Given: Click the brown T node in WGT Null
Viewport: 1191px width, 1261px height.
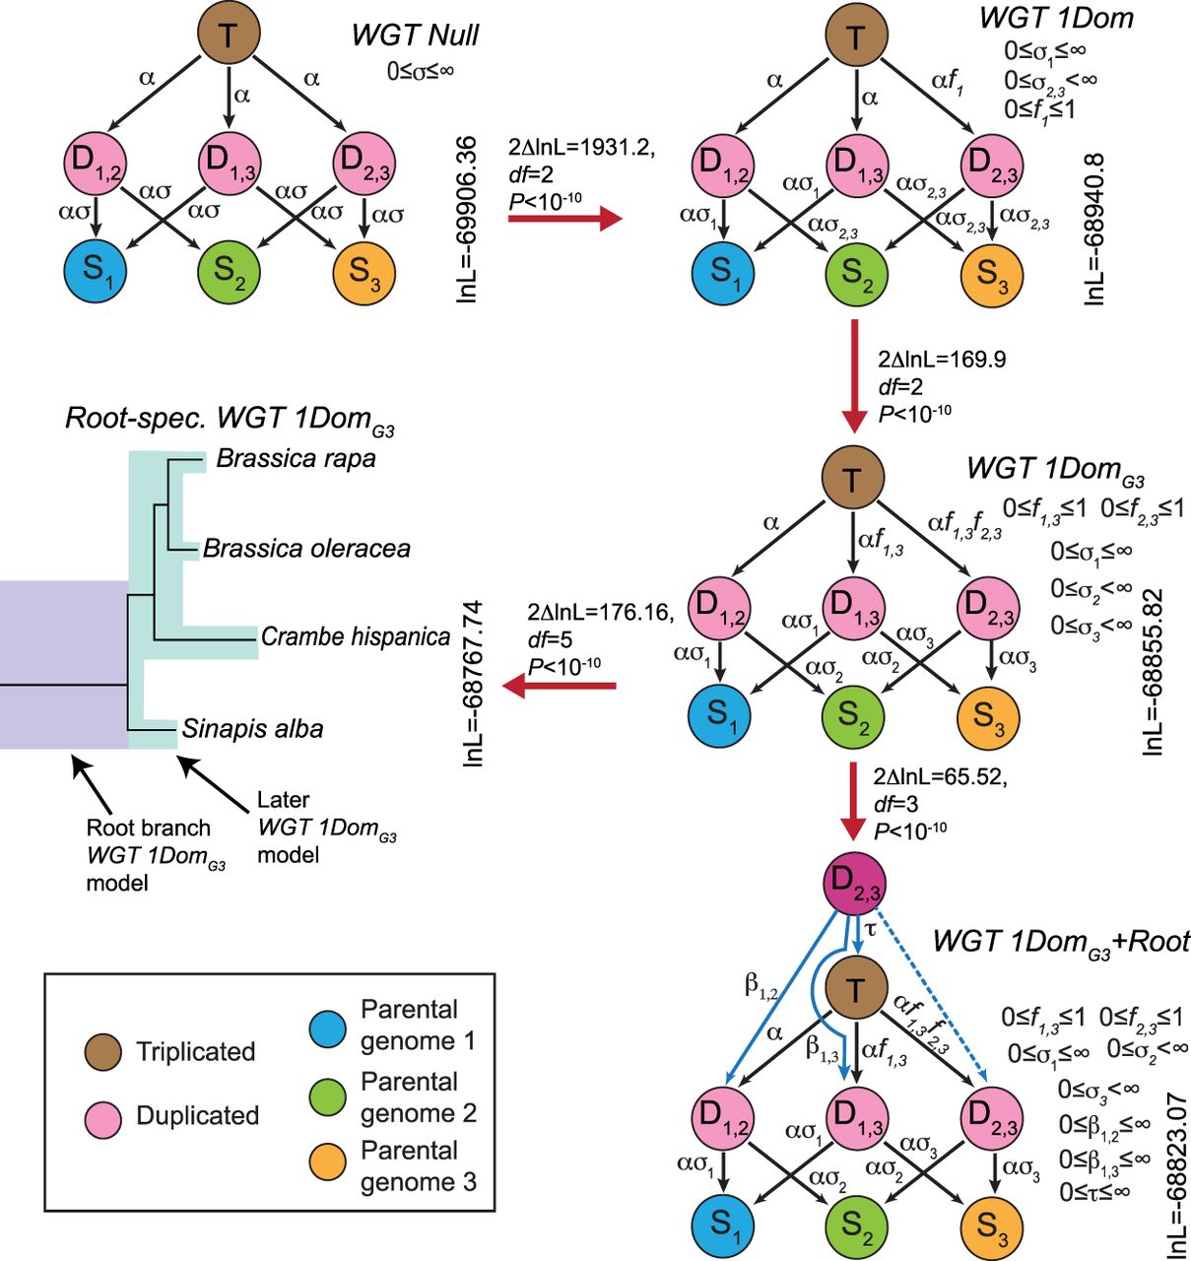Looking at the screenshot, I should [x=229, y=35].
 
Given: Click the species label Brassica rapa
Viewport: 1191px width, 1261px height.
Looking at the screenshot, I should [x=296, y=459].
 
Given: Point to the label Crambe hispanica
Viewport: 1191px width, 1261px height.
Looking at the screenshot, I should [x=355, y=636].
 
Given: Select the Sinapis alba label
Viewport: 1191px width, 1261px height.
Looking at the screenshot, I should [x=252, y=729].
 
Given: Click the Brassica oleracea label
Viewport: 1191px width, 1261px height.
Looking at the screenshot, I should [x=306, y=549].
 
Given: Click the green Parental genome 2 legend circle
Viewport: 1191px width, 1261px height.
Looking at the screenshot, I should [x=328, y=1095].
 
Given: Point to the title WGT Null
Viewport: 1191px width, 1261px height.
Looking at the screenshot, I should [x=415, y=35].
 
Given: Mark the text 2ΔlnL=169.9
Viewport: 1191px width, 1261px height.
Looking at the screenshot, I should [x=941, y=360].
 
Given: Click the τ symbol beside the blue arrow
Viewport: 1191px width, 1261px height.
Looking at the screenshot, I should [x=870, y=929].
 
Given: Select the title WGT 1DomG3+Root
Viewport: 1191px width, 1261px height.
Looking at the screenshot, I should [x=1060, y=942].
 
